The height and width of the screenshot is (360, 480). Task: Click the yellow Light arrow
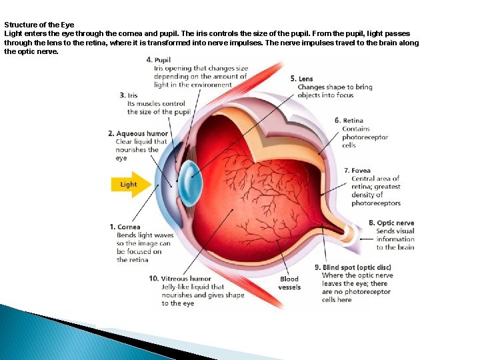[131, 185]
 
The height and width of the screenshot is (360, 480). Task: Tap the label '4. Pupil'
[159, 60]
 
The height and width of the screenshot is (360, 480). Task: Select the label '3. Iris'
[129, 95]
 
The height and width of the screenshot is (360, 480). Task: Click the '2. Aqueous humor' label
[138, 133]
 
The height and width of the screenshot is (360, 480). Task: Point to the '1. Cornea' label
[125, 227]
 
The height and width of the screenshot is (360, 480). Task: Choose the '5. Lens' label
[301, 79]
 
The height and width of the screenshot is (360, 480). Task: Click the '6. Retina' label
[349, 121]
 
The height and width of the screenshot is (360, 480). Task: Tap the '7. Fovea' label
[357, 171]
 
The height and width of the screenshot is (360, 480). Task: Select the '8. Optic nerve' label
[391, 223]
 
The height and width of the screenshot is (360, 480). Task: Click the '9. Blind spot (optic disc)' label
[353, 267]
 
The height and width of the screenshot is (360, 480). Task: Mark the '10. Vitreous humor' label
[180, 278]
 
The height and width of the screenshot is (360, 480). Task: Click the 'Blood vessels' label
[289, 283]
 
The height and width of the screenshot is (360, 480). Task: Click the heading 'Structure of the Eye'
[39, 25]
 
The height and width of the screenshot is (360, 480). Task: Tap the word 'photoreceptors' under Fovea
[376, 203]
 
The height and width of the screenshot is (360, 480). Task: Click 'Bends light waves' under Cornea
[145, 235]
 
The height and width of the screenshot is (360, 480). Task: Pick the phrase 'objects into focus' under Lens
[325, 95]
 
